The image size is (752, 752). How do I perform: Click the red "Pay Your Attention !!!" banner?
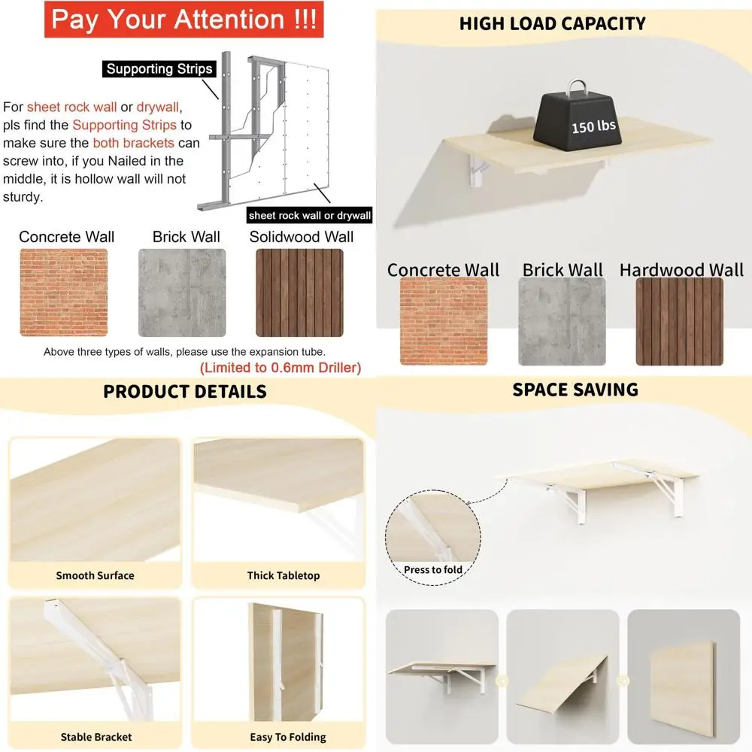pyautogui.click(x=183, y=20)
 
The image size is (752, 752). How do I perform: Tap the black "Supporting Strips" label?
pyautogui.click(x=159, y=69)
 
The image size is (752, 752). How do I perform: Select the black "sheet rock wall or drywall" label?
pyautogui.click(x=311, y=216)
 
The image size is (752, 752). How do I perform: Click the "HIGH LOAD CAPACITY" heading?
pyautogui.click(x=553, y=24)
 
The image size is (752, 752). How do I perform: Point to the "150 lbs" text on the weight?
pyautogui.click(x=593, y=126)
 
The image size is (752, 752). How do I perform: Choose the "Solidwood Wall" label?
pyautogui.click(x=301, y=237)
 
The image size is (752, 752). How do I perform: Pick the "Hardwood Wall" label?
pyautogui.click(x=681, y=270)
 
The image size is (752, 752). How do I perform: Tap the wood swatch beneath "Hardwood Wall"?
pyautogui.click(x=679, y=322)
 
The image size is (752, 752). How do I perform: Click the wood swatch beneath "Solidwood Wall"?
pyautogui.click(x=299, y=293)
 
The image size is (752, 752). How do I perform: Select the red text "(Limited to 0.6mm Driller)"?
pyautogui.click(x=280, y=368)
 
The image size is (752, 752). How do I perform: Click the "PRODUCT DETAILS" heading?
pyautogui.click(x=185, y=392)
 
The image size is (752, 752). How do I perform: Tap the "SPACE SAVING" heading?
pyautogui.click(x=575, y=390)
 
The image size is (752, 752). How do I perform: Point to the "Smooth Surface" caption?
pyautogui.click(x=95, y=576)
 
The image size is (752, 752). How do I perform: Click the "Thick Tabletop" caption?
pyautogui.click(x=284, y=576)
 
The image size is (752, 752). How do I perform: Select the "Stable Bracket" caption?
pyautogui.click(x=96, y=737)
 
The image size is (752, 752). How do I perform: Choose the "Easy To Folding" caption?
pyautogui.click(x=288, y=737)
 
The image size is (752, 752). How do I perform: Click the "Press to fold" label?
pyautogui.click(x=433, y=570)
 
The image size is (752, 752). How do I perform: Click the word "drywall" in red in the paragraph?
pyautogui.click(x=159, y=108)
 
